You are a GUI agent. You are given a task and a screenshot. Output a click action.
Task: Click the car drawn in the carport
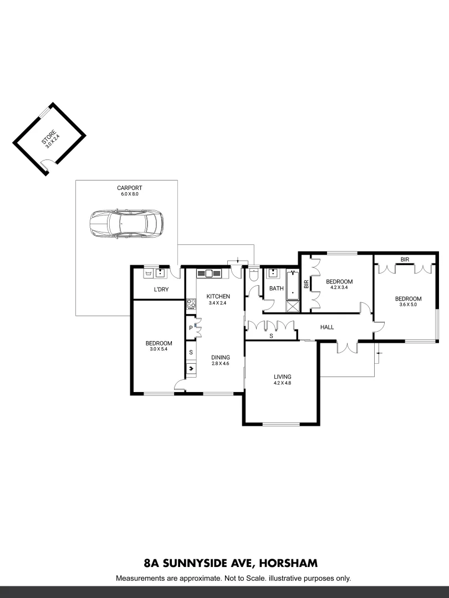(126, 223)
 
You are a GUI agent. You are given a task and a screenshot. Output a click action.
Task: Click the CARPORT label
(126, 188)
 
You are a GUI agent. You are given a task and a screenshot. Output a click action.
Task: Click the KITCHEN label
(218, 296)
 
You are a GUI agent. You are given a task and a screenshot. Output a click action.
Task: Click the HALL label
(327, 327)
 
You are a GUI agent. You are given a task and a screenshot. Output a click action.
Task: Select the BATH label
(276, 288)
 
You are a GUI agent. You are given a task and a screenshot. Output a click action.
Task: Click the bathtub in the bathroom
(292, 283)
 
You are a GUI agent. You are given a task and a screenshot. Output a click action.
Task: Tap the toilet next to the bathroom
(253, 274)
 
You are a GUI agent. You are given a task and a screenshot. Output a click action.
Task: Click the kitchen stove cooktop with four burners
(191, 303)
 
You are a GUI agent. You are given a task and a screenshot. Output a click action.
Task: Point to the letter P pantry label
(191, 328)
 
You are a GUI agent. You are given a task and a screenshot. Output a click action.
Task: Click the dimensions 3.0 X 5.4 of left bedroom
(159, 349)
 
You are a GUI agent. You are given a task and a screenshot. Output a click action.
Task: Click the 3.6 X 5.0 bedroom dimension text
(407, 304)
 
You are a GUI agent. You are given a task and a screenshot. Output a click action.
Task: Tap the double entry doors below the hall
(346, 347)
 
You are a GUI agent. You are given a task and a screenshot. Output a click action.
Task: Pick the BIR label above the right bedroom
(405, 259)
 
